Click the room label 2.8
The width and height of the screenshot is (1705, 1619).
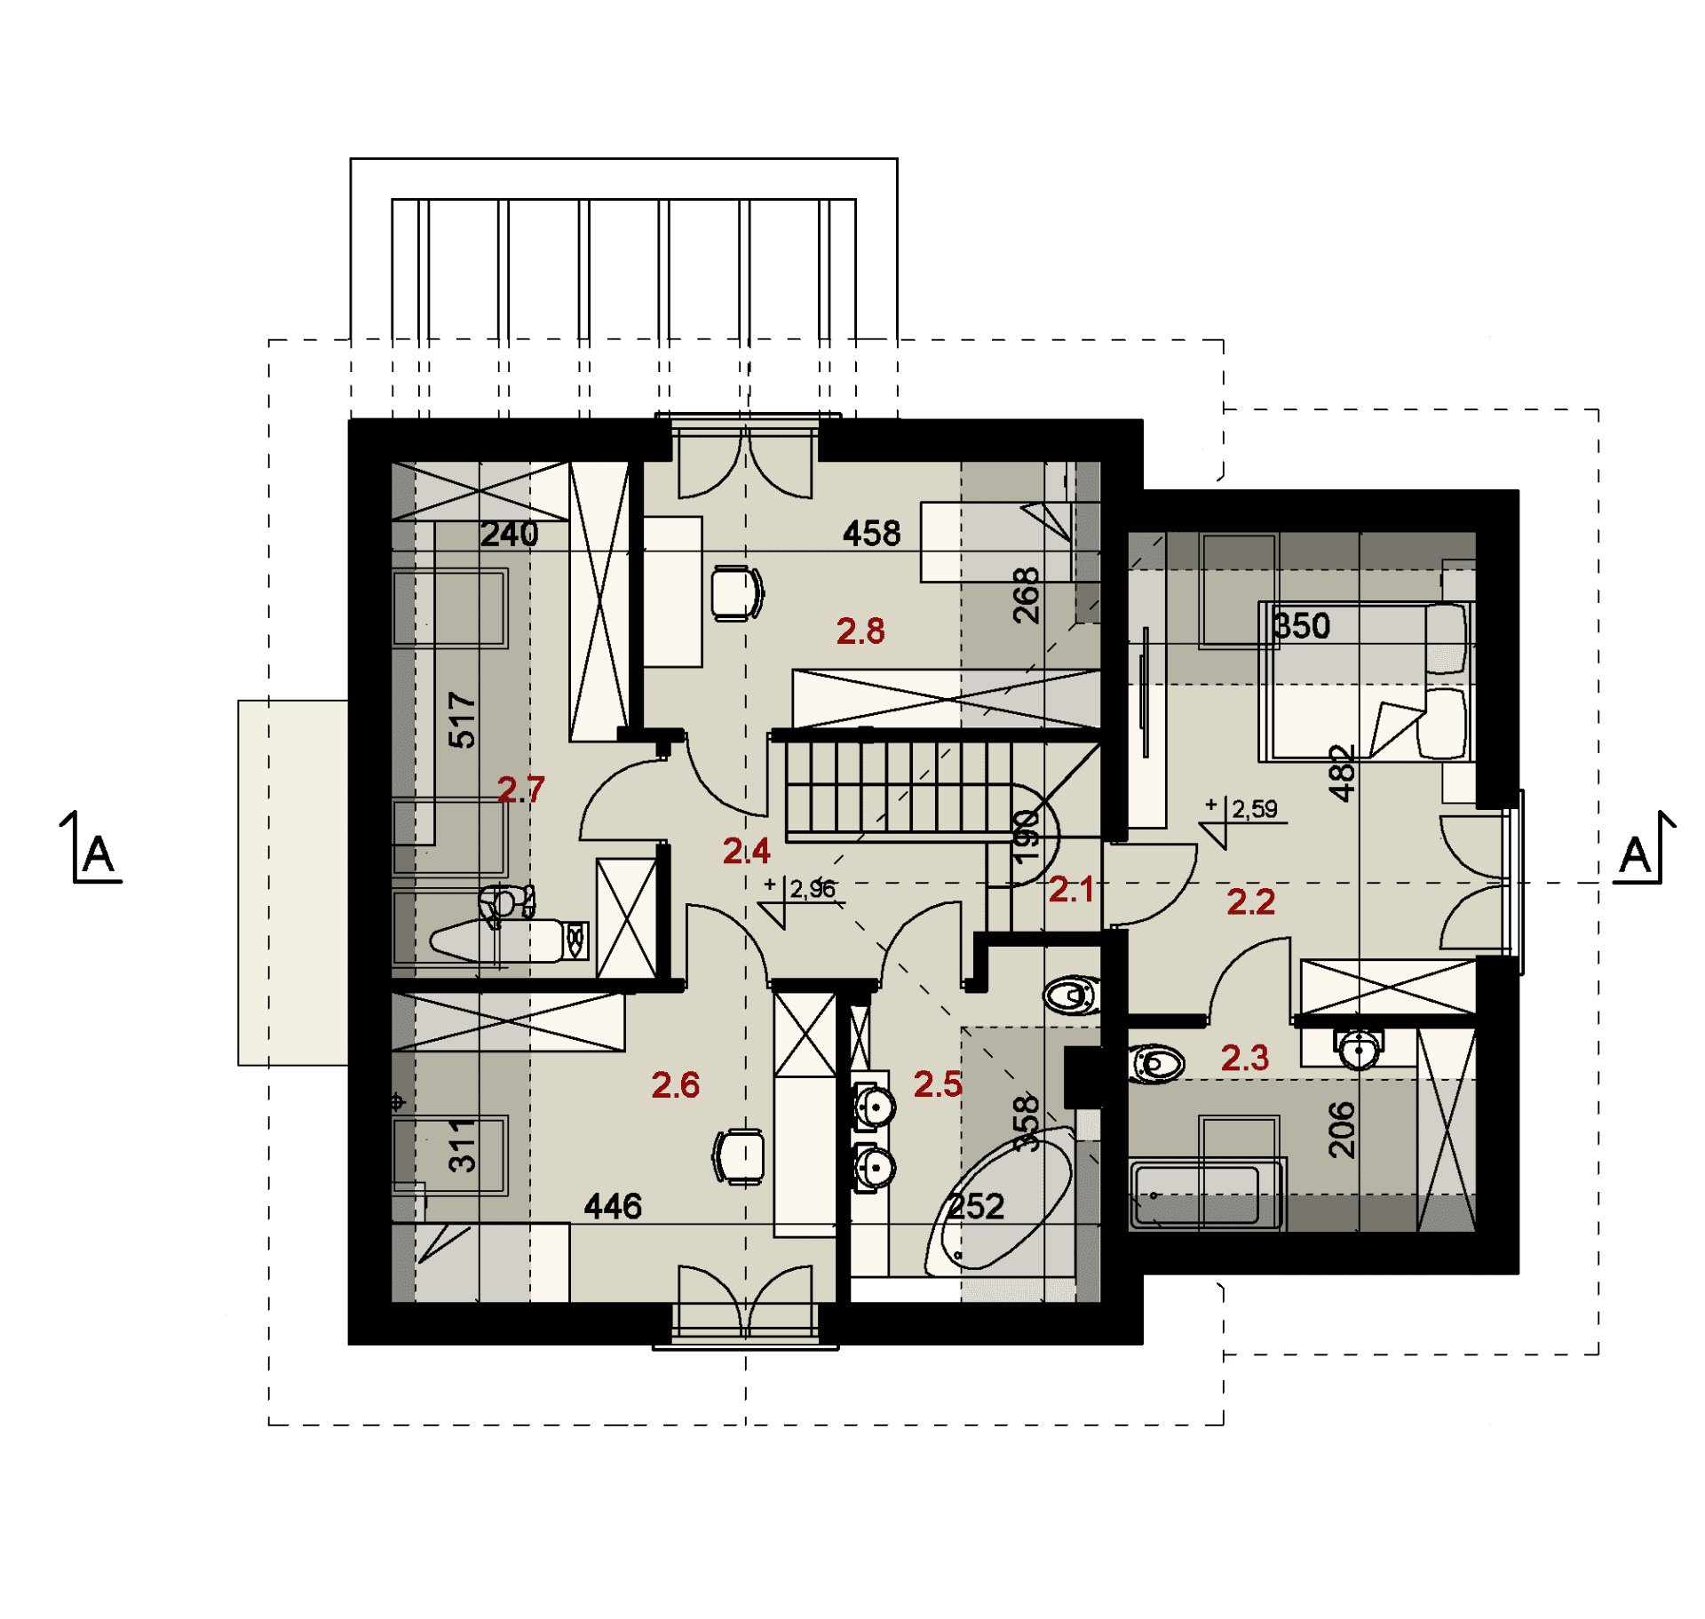[x=860, y=631]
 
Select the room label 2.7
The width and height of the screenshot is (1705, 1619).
[x=520, y=789]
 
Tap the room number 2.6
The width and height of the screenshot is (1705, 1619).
[x=675, y=1084]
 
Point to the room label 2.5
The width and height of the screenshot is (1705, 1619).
[x=938, y=1083]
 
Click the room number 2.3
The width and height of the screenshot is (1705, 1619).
[x=1244, y=1057]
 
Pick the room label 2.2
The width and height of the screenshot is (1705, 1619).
[x=1250, y=901]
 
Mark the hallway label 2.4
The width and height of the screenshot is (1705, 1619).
[x=746, y=851]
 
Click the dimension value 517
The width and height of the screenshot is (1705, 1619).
[x=462, y=719]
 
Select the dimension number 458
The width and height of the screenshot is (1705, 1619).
[x=871, y=534]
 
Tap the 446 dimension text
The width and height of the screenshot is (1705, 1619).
[x=613, y=1206]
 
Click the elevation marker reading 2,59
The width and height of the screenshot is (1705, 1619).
[x=1243, y=821]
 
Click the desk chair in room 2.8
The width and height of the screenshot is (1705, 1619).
[x=737, y=593]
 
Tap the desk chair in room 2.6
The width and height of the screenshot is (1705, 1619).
[x=739, y=1156]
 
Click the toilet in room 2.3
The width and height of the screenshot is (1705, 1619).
[x=1156, y=1063]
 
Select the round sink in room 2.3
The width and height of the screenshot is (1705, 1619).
[x=1359, y=1050]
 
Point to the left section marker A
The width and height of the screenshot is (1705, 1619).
[x=92, y=848]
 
